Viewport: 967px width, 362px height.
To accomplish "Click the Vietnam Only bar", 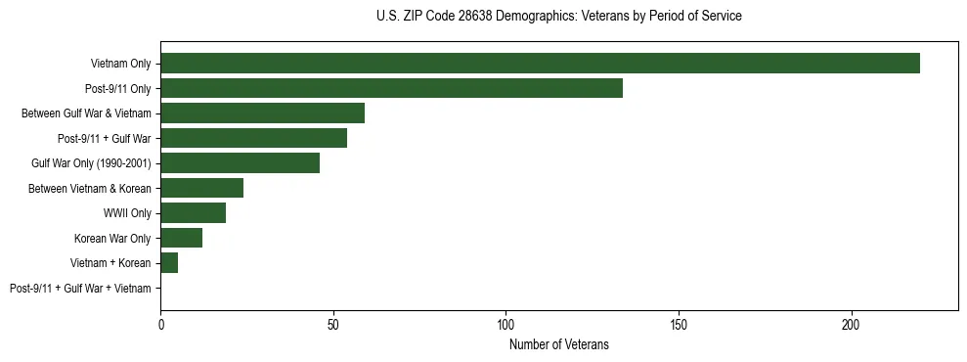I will point(540,64).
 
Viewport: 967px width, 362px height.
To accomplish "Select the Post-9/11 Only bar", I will point(391,88).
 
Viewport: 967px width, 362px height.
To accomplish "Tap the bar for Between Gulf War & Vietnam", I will point(262,113).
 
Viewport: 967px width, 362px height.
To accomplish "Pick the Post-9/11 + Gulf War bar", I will point(253,138).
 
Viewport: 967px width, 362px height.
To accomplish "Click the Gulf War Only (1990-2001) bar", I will point(240,163).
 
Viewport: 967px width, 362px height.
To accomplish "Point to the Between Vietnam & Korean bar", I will point(201,188).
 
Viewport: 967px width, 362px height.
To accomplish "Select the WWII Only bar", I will point(193,213).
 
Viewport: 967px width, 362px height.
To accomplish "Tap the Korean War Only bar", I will point(181,238).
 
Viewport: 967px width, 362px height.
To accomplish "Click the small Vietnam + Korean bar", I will point(169,263).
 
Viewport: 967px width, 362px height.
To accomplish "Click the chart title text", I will point(558,17).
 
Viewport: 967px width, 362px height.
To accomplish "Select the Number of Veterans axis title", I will point(558,344).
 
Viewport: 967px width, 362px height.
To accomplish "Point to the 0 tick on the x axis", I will point(160,323).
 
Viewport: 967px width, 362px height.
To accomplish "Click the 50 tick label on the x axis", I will point(333,323).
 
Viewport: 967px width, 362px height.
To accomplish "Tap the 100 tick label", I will point(505,323).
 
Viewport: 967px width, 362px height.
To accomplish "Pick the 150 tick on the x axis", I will point(679,323).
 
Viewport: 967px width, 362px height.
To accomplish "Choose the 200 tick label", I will point(851,323).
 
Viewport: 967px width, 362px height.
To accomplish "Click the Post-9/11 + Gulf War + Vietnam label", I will point(80,289).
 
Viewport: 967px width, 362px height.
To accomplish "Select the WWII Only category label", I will point(126,213).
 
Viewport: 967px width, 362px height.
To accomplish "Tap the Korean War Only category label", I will point(112,239).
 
